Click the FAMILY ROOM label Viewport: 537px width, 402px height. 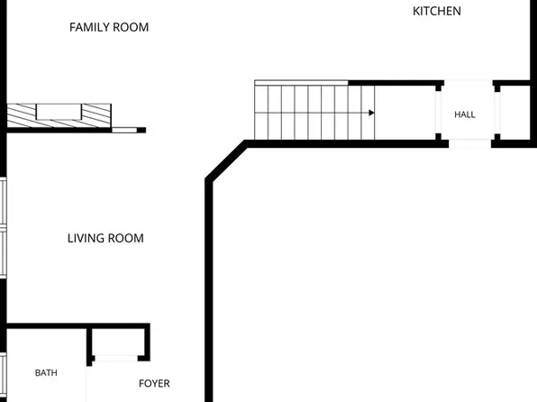pos(109,27)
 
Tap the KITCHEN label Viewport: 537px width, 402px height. pos(437,12)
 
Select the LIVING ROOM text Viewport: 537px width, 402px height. pos(105,238)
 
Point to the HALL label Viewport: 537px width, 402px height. pos(465,114)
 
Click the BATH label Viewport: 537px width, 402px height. pos(46,373)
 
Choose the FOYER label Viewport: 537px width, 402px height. pos(154,383)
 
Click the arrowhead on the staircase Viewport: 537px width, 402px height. pos(371,113)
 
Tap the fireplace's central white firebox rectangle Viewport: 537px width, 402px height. pos(59,112)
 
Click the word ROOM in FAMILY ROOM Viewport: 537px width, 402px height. pos(131,27)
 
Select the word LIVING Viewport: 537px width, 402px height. pos(86,238)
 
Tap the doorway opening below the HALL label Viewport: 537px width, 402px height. pos(470,143)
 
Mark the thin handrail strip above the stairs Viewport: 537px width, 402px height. pos(301,83)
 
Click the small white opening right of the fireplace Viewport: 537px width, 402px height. pos(124,130)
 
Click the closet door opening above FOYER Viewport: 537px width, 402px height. pos(116,359)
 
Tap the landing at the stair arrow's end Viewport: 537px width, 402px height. pos(405,113)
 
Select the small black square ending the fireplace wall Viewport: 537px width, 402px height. pos(141,130)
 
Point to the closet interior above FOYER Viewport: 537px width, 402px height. pos(119,342)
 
